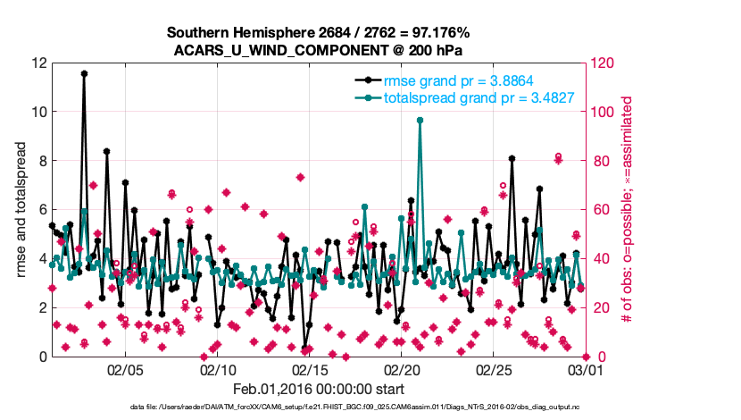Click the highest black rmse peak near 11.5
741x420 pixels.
84,74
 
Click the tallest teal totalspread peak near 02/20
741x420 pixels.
420,120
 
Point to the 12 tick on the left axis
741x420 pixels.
38,63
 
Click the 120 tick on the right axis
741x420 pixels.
601,63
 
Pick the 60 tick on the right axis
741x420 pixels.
597,210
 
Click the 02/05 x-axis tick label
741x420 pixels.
126,368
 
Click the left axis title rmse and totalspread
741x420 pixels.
21,210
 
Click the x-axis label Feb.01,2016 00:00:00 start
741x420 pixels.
319,389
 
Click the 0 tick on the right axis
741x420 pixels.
595,357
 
